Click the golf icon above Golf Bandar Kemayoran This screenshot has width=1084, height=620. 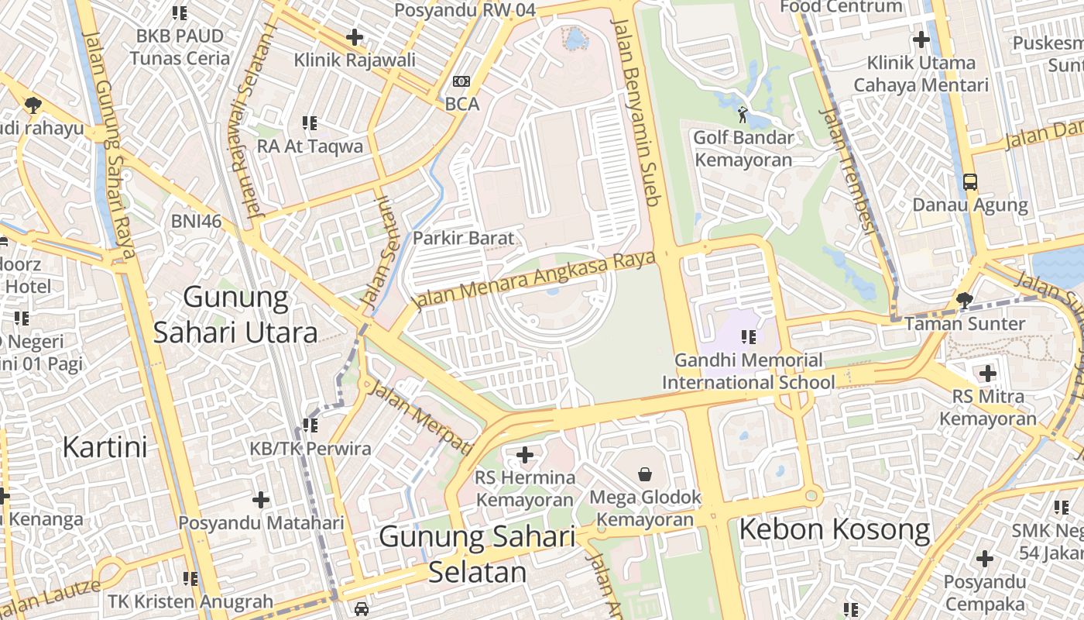743,115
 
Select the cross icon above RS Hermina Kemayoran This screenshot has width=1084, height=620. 525,455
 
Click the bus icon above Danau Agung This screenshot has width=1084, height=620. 969,182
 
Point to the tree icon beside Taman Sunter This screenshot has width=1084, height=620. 964,300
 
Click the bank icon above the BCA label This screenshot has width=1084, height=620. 461,81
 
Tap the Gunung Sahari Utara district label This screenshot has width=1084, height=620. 235,315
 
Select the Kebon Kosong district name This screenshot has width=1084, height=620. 834,529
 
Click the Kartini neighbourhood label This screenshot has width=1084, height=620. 105,447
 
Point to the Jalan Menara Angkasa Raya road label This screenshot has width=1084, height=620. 534,279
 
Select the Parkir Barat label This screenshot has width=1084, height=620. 463,238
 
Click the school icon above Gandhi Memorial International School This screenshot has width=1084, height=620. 748,337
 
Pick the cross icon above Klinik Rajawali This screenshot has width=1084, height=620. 355,36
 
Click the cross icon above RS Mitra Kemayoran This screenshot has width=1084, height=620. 987,374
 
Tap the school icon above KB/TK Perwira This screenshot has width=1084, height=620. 310,425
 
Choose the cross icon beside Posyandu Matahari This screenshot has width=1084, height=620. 261,500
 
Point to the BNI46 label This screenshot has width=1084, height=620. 196,222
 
